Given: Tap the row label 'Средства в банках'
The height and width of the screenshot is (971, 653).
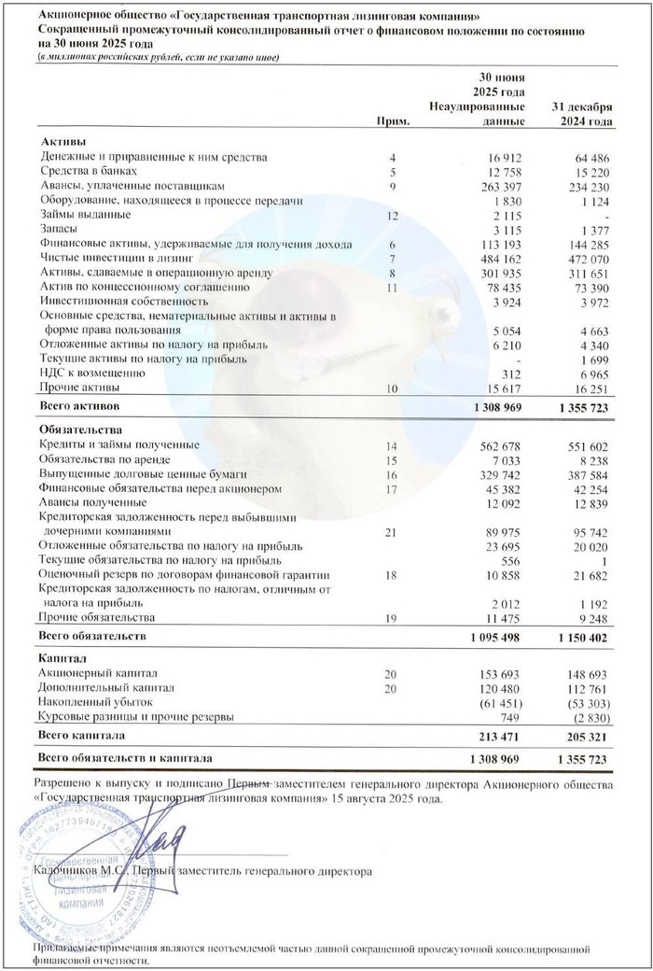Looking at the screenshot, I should (x=90, y=171).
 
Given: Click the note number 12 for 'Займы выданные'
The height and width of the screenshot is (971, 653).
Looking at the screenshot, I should (x=393, y=215).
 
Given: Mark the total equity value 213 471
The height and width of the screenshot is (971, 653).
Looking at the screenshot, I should (x=499, y=738).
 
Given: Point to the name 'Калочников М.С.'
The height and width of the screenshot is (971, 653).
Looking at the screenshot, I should (x=78, y=870).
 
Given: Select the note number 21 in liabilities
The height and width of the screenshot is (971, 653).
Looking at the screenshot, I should (x=393, y=531).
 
